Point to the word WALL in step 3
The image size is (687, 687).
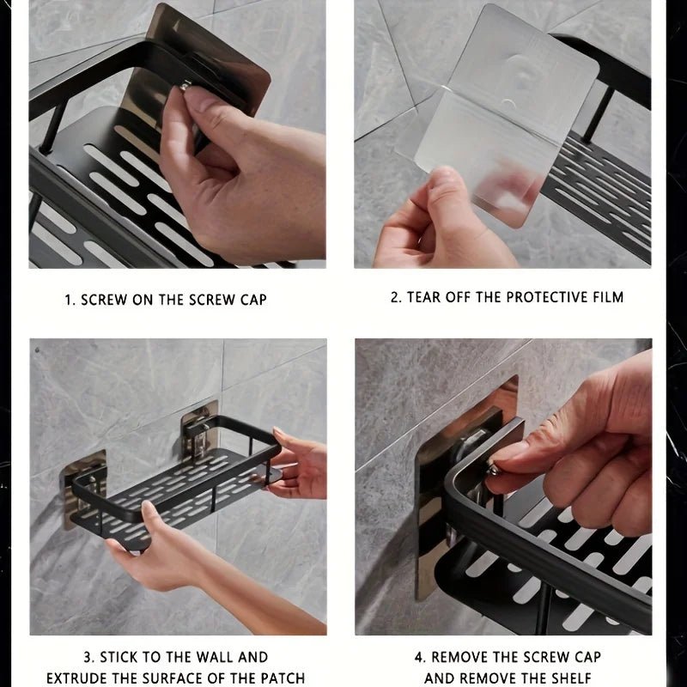[215, 657]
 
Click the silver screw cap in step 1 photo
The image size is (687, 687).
[185, 85]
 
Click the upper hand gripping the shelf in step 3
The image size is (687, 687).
[298, 462]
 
